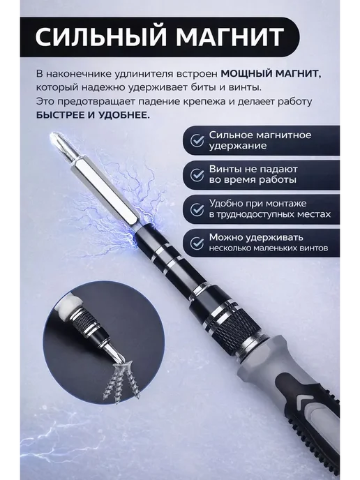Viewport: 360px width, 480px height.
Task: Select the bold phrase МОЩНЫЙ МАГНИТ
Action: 271,74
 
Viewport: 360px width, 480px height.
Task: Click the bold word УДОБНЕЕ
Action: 124,115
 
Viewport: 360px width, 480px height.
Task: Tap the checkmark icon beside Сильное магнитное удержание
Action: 197,140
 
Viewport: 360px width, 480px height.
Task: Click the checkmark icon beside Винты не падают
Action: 197,175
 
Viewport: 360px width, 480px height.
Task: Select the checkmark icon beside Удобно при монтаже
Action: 197,209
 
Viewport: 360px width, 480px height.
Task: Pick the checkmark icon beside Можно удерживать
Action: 197,243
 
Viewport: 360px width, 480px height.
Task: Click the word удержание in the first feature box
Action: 238,146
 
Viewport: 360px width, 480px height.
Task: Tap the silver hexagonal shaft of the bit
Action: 105,190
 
